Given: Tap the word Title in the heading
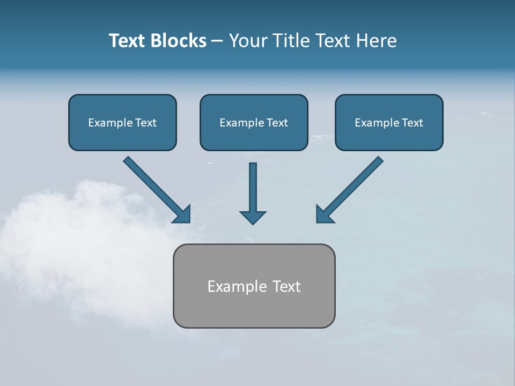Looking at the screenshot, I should [x=290, y=41].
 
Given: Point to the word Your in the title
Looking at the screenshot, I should [x=247, y=41].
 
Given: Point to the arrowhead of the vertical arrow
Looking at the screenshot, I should [x=253, y=217].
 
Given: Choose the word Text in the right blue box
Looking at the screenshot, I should [x=412, y=123].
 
